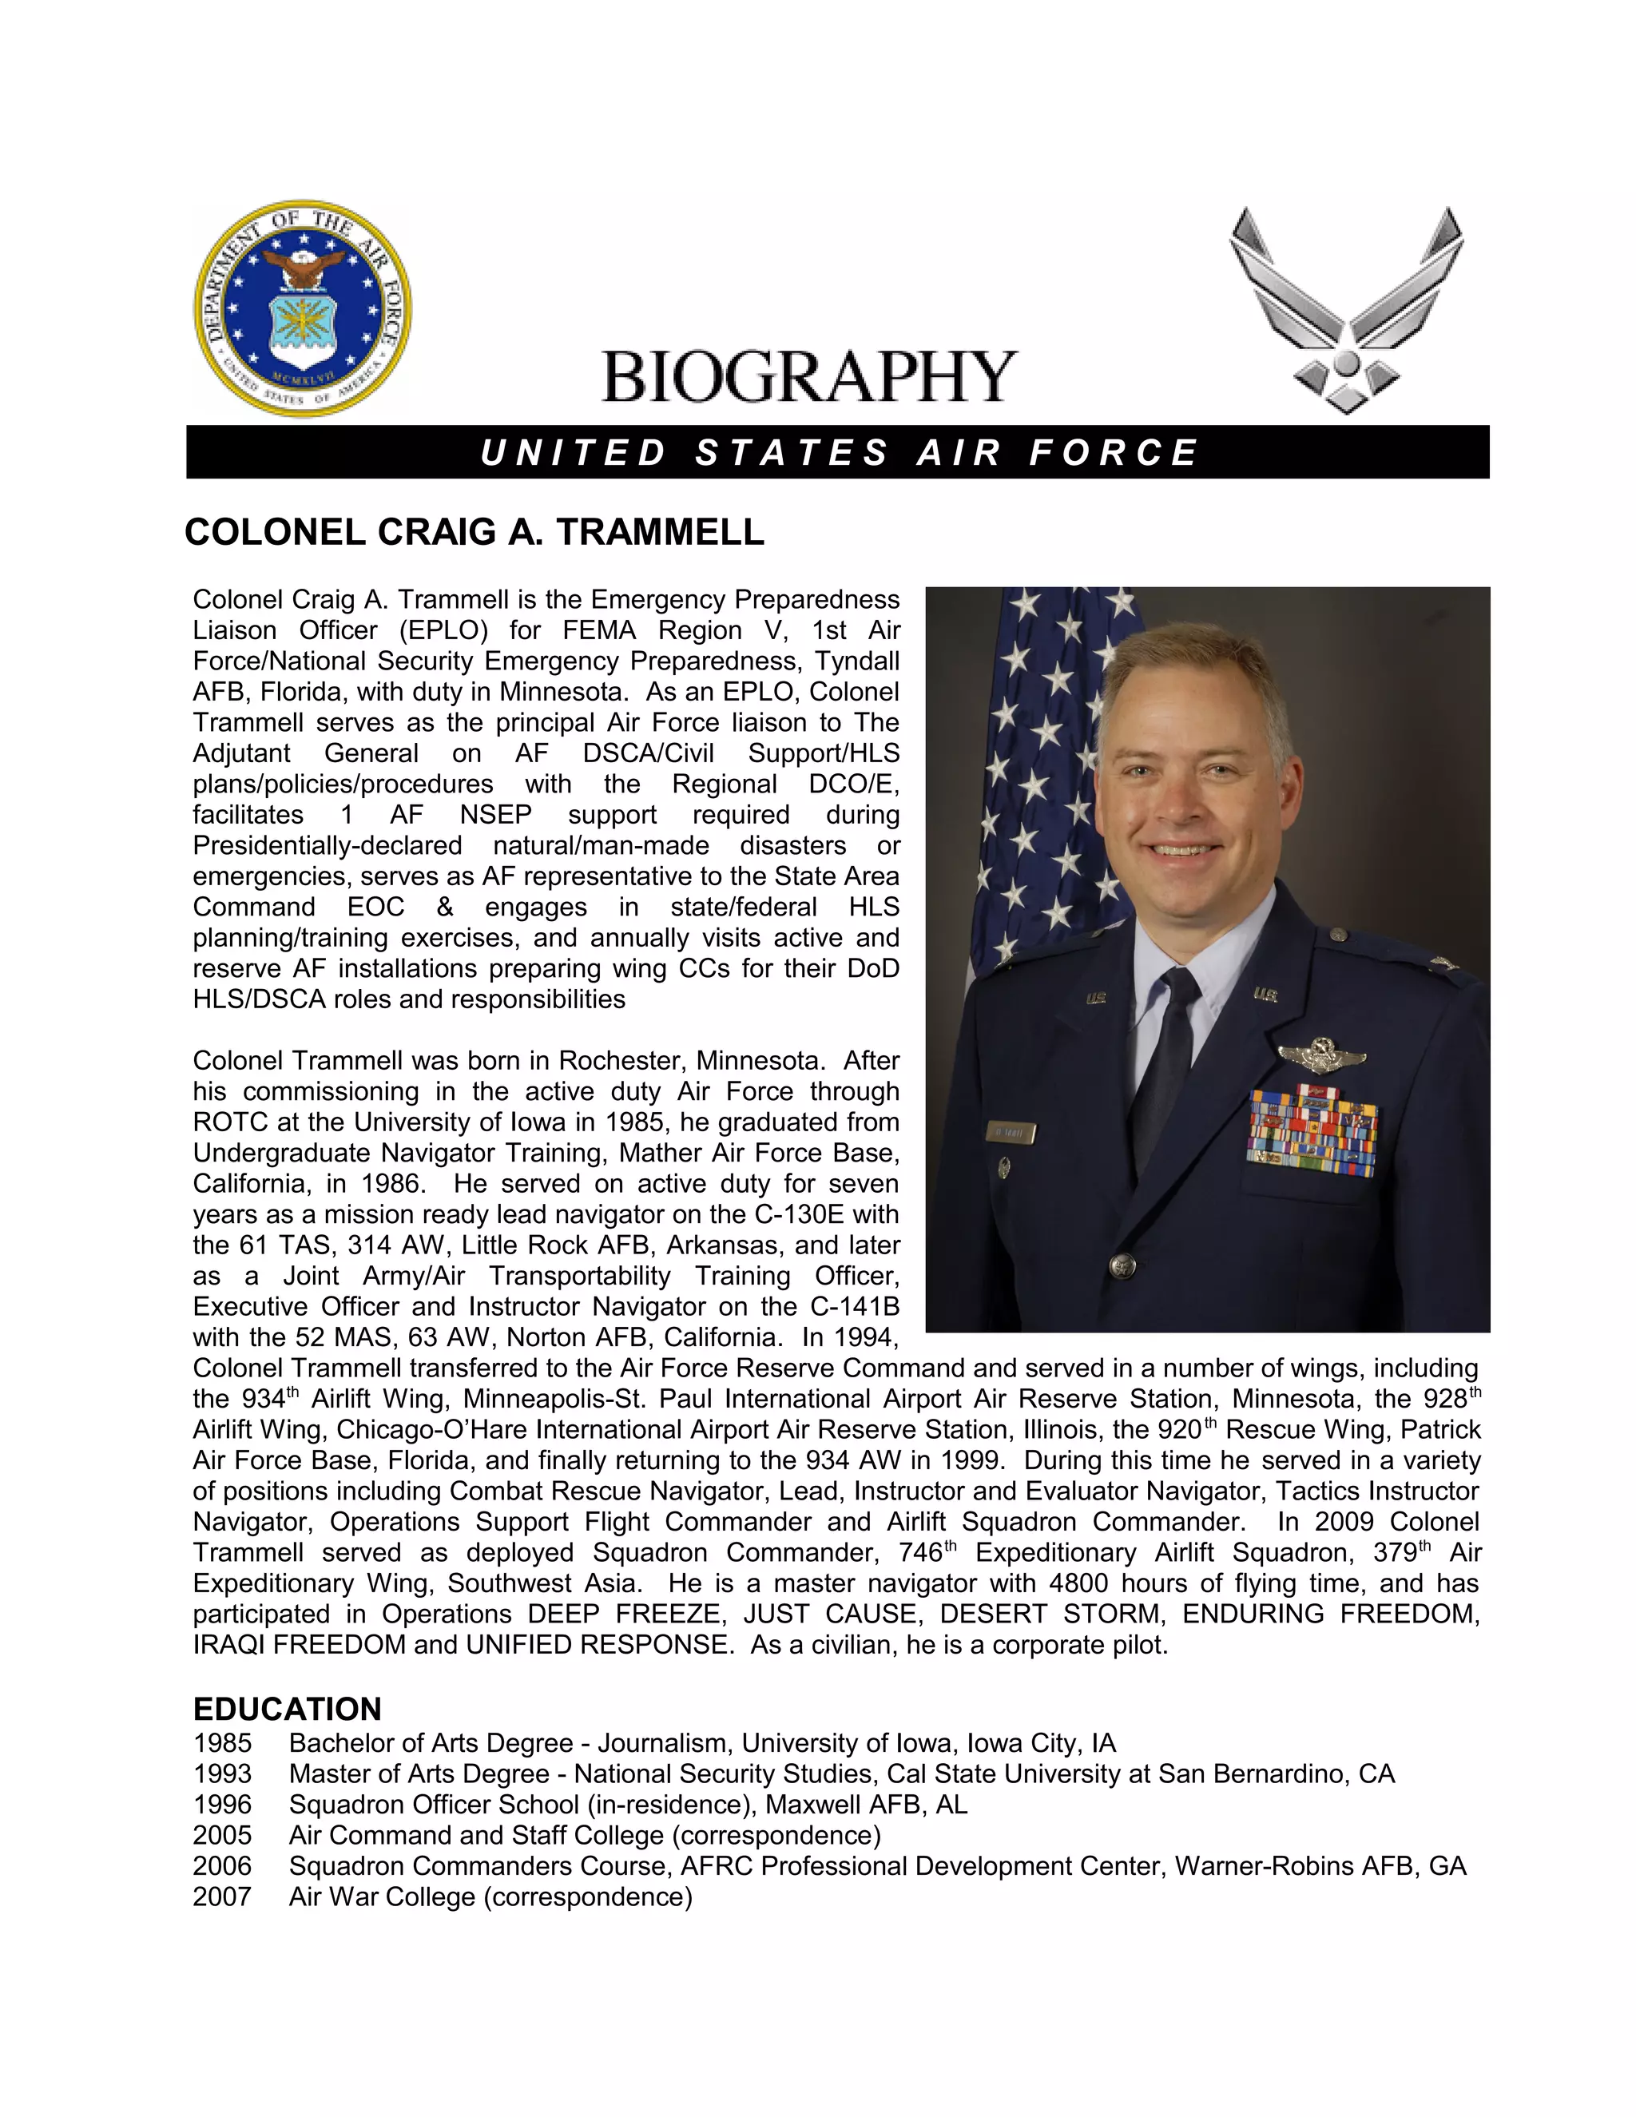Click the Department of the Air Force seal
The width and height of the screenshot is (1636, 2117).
coord(303,309)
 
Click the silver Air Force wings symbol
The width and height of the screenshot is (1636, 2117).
coord(1346,308)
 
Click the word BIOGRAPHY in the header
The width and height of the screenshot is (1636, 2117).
coord(808,377)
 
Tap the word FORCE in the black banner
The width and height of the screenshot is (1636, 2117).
coord(1114,453)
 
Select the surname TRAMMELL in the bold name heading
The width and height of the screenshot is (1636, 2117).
coord(660,532)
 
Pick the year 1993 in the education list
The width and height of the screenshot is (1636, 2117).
coord(222,1773)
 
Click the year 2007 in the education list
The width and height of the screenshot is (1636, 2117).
coord(222,1897)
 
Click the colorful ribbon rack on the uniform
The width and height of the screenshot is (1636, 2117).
coord(1312,1132)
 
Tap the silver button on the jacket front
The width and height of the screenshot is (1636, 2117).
coord(1122,1264)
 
